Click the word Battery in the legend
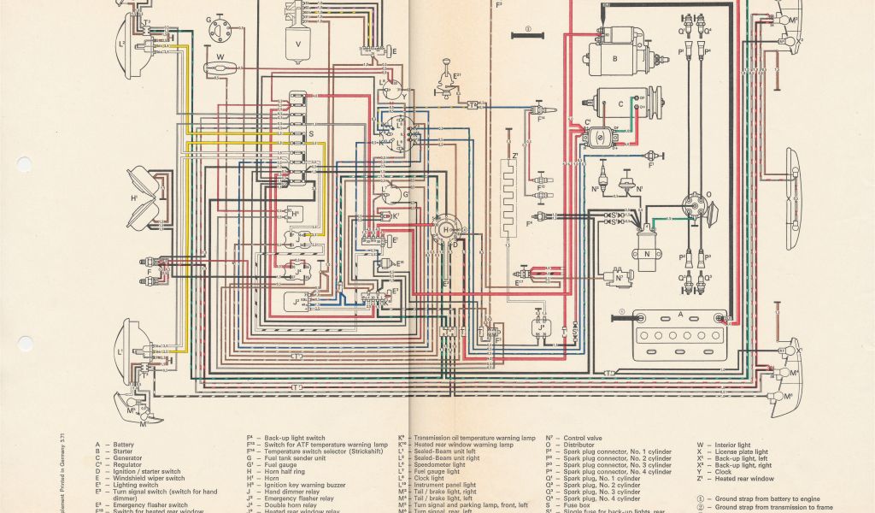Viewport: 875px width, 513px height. (x=124, y=445)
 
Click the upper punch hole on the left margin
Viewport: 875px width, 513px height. (x=24, y=162)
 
